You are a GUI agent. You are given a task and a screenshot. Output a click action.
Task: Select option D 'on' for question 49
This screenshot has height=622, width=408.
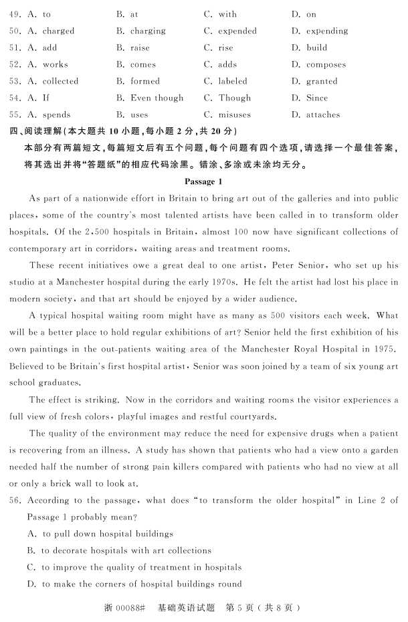pyautogui.click(x=311, y=14)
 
